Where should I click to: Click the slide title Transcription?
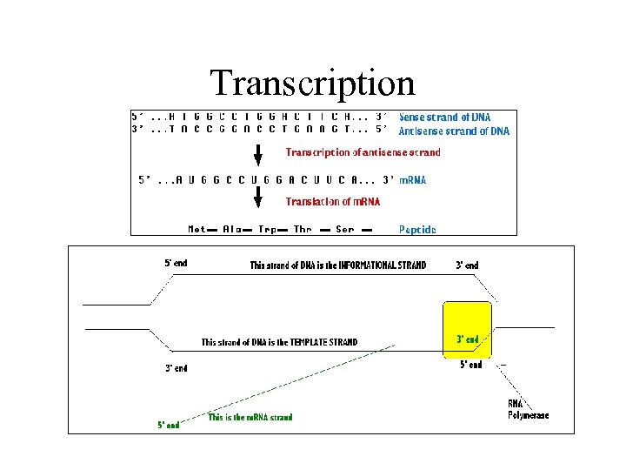click(312, 83)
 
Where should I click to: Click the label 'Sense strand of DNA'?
click(444, 117)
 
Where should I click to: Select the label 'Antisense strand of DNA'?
click(454, 131)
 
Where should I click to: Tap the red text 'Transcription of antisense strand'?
click(363, 152)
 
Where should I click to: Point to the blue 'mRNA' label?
click(412, 180)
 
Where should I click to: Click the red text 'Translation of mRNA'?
click(333, 202)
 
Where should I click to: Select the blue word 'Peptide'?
click(417, 230)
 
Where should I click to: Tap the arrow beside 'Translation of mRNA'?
click(258, 201)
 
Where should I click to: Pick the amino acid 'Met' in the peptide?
click(197, 230)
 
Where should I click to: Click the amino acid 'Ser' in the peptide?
click(344, 230)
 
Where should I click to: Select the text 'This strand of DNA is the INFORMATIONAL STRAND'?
click(338, 265)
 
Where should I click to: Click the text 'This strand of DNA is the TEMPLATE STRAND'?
click(279, 342)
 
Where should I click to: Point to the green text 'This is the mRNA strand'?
click(250, 418)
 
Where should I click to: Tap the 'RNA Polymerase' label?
click(528, 410)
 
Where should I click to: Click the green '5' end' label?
click(169, 426)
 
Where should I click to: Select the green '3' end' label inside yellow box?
click(468, 339)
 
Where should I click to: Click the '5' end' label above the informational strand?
click(176, 263)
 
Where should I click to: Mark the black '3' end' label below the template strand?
click(176, 368)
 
